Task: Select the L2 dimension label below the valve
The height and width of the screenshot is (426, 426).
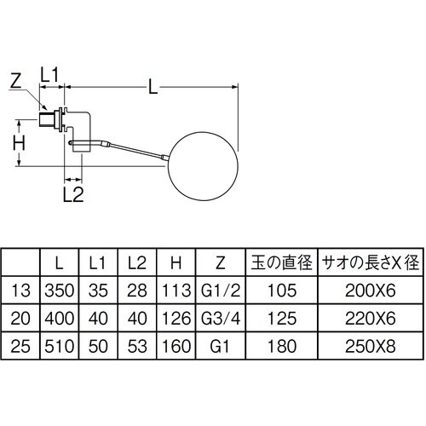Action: coord(73,195)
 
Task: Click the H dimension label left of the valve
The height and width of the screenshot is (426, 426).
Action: coord(18,140)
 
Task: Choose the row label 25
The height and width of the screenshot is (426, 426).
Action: coord(21,348)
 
